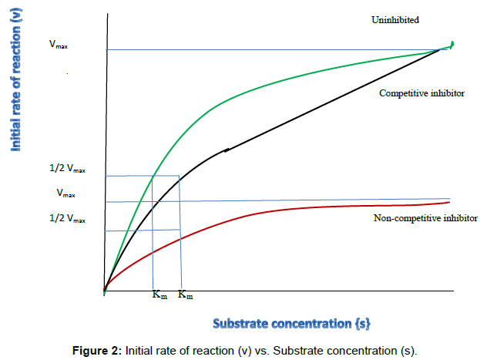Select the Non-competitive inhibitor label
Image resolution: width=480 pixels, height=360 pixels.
[421, 218]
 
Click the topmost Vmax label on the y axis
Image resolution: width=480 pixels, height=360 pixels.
[58, 46]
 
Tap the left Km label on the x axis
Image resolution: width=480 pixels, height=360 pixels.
[159, 295]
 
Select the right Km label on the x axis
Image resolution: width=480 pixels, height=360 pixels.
[186, 295]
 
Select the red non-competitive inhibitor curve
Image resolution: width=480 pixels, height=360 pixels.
[270, 209]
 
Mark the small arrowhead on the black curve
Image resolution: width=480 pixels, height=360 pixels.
[227, 150]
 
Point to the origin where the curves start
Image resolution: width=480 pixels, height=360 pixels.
[104, 291]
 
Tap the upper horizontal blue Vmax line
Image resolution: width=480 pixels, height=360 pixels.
[270, 50]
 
